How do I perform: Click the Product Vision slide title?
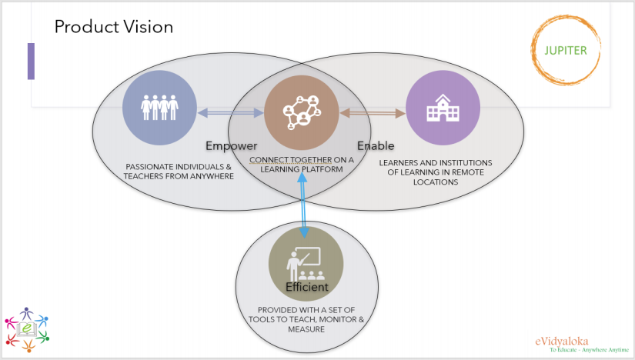tap(113, 27)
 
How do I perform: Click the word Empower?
tap(231, 146)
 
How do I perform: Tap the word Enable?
tap(376, 146)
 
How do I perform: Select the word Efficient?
tap(307, 287)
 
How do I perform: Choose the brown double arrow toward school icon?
tap(373, 114)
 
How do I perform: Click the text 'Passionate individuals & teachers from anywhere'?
tap(179, 171)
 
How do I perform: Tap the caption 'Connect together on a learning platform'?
tap(301, 164)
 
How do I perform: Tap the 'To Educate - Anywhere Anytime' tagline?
tap(589, 350)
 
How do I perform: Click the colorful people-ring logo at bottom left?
tap(27, 329)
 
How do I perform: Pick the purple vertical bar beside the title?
tap(31, 61)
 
